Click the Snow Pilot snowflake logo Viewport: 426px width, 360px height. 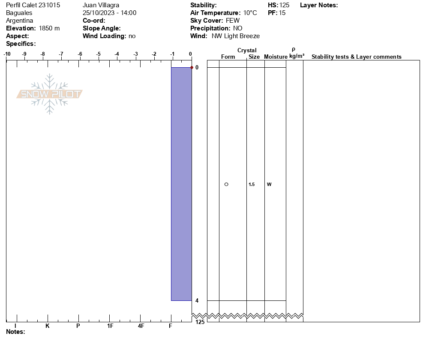(50, 94)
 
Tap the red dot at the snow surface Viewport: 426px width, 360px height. (192, 67)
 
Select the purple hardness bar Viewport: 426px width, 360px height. (181, 184)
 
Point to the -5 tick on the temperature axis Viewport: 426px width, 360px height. (99, 54)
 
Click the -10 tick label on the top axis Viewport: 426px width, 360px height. (7, 54)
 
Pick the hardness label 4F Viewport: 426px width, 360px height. (141, 326)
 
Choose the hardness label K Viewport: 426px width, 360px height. (47, 326)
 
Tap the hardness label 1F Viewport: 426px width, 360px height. (110, 326)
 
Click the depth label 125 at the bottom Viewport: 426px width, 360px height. (200, 322)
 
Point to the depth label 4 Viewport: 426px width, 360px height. (197, 300)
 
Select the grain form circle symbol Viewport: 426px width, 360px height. (226, 184)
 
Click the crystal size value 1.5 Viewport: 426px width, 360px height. (252, 184)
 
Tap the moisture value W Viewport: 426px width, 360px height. (269, 184)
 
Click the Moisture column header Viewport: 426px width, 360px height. (276, 57)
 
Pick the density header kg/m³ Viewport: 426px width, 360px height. (297, 56)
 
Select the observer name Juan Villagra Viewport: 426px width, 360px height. (101, 5)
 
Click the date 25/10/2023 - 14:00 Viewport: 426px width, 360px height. (109, 13)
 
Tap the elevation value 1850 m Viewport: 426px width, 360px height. (49, 28)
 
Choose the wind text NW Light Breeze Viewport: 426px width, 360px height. (236, 36)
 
